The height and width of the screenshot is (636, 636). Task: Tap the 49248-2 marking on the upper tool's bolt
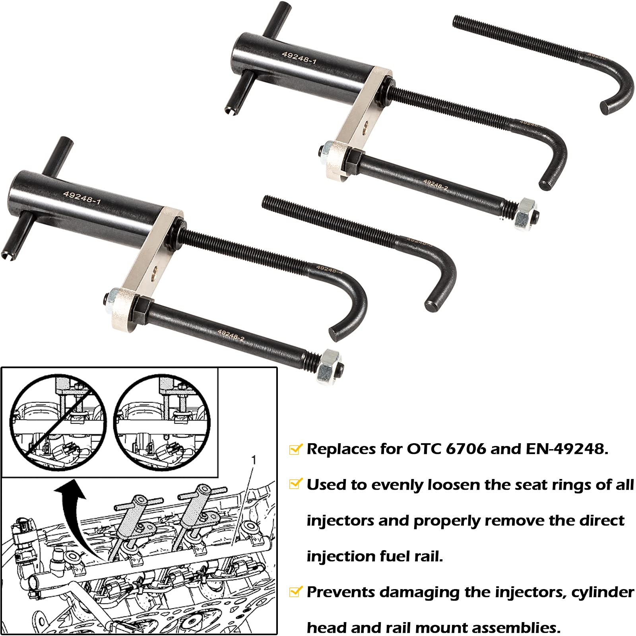tap(436, 184)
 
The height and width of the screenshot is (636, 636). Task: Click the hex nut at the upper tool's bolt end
tap(525, 213)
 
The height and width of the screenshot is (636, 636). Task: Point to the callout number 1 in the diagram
tap(254, 460)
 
